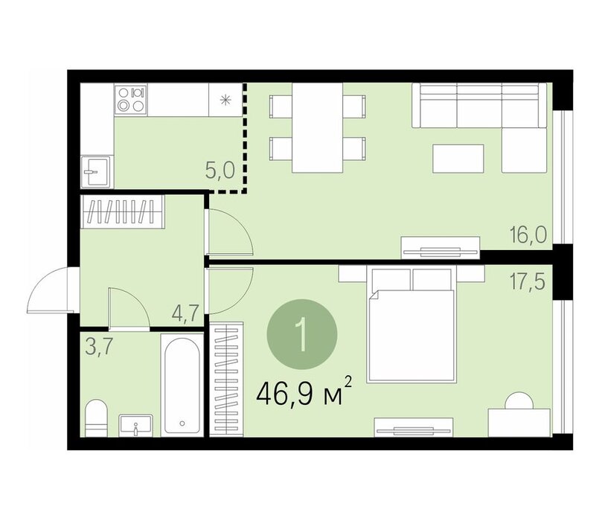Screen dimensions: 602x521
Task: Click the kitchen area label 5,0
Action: [220, 171]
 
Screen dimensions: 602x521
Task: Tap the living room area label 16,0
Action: [528, 234]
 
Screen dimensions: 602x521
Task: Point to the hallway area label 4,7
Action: [185, 314]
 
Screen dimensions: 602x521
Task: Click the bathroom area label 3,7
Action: [99, 348]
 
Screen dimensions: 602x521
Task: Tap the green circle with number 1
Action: [303, 335]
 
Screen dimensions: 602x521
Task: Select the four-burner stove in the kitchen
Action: [130, 100]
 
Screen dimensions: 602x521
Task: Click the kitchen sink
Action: [97, 172]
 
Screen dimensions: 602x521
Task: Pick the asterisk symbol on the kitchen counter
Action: [225, 100]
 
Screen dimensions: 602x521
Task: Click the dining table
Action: [317, 128]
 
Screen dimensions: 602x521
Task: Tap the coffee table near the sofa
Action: [458, 159]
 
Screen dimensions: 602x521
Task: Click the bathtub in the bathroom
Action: [182, 385]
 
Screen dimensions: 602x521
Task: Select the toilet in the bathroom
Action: [96, 418]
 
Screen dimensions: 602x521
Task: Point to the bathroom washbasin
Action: [135, 426]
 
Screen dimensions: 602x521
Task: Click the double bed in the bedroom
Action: [412, 325]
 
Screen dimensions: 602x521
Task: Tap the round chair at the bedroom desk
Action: [519, 401]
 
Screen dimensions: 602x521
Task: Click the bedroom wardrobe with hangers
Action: [226, 380]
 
